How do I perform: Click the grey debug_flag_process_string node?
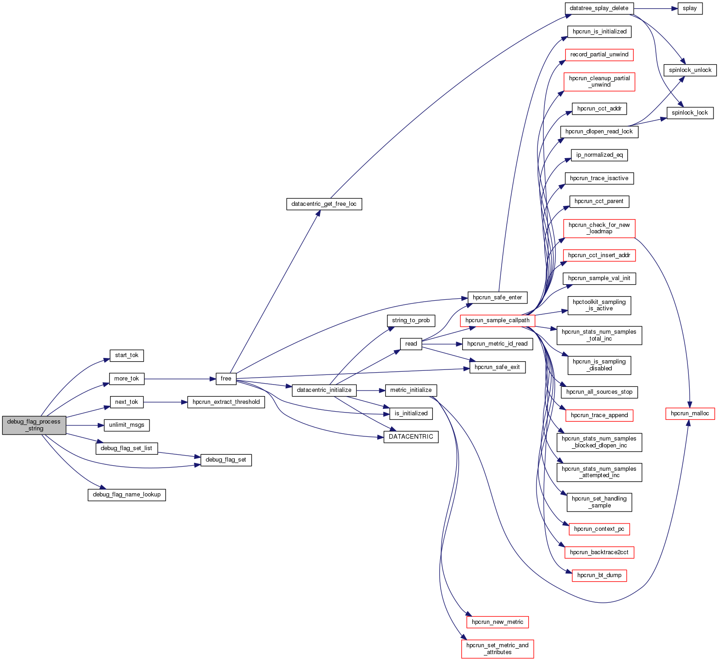coord(34,425)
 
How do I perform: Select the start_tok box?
coord(127,355)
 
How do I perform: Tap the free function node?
coord(226,379)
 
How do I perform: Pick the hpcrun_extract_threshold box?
coord(226,402)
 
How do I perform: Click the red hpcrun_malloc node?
coord(690,413)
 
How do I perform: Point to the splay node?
coord(690,8)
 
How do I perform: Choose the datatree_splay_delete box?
coord(599,8)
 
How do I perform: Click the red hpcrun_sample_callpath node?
coord(497,320)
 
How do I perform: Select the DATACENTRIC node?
coord(411,437)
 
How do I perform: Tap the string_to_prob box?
coord(411,320)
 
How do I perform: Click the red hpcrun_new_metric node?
coord(497,622)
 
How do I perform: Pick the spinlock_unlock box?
coord(690,70)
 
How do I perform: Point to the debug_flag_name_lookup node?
coord(127,495)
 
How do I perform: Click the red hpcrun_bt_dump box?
coord(599,575)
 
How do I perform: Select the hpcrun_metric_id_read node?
coord(497,344)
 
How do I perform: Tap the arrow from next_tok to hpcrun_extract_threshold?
coord(165,402)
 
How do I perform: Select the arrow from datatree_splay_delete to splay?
coord(653,8)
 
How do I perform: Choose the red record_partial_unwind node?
coord(599,55)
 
